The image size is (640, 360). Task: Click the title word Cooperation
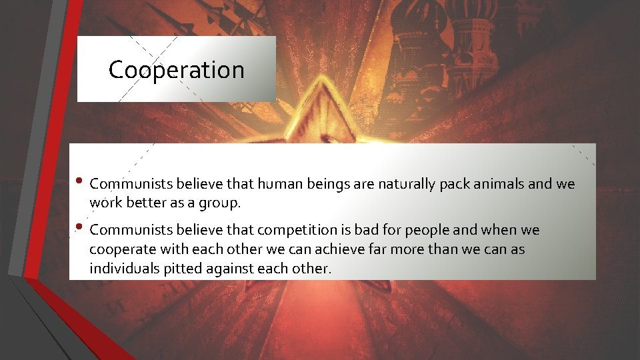click(x=176, y=70)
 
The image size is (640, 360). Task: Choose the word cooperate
click(x=123, y=249)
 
